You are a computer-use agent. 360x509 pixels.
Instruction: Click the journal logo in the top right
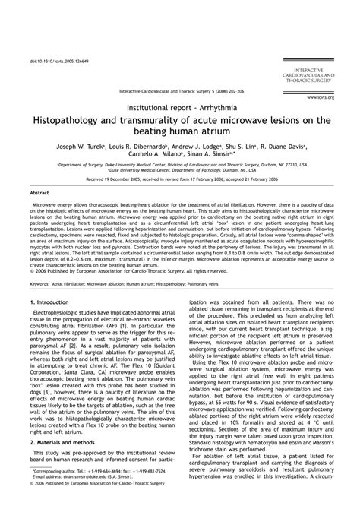pos(313,54)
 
